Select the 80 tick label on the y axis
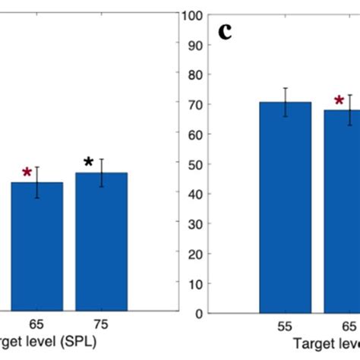pos(194,74)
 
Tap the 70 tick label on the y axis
pos(194,104)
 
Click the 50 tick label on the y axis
pos(194,163)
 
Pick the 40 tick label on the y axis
pos(194,193)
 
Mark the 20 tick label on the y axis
pos(194,253)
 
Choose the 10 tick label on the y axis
pos(194,283)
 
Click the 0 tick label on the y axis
pos(197,312)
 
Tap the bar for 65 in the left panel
pos(36,247)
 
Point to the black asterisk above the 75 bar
pos(89,163)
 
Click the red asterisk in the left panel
pos(27,174)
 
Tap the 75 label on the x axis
pos(101,324)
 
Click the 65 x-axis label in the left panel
pos(36,324)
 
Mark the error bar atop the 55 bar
pos(285,102)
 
